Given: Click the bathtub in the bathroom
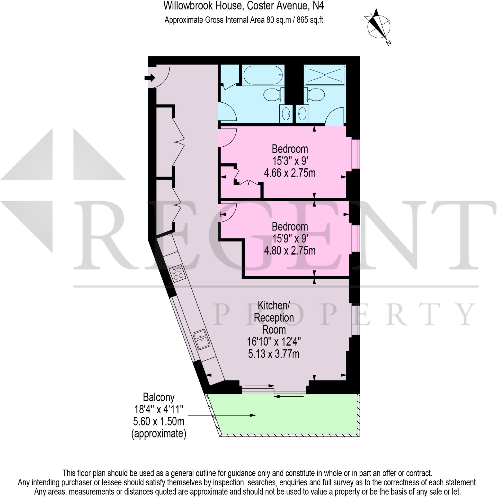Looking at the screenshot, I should [x=263, y=75].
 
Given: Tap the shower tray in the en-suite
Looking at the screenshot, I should [x=325, y=75].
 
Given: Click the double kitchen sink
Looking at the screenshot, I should [x=202, y=340].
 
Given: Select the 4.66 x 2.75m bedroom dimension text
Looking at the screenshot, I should [x=290, y=173].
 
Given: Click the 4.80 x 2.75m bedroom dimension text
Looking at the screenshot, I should [x=290, y=250].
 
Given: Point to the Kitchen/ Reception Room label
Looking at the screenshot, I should [x=274, y=318].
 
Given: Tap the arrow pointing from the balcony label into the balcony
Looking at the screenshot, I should [x=222, y=415].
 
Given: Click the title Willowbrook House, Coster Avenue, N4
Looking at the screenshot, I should [x=243, y=6].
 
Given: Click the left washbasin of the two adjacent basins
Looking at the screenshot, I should [x=286, y=114].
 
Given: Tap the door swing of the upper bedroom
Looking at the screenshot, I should [x=227, y=138].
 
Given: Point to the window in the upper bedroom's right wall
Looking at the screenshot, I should [x=356, y=154].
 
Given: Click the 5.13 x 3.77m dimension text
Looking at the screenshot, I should [x=274, y=354].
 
